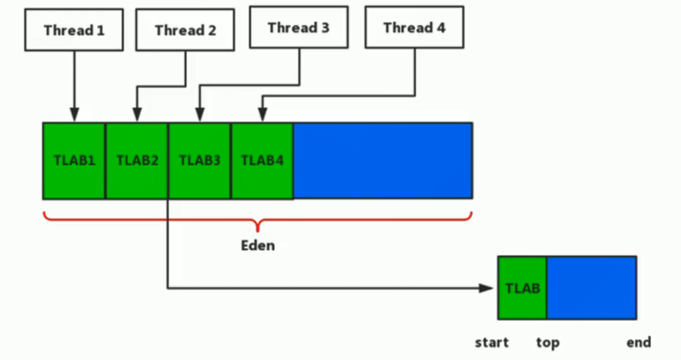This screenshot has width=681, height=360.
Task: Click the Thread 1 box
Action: pos(74,30)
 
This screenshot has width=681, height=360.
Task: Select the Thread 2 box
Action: pos(185,30)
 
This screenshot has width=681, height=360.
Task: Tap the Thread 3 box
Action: pos(298,28)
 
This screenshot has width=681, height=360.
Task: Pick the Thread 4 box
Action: pos(414,28)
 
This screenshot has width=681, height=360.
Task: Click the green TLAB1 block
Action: pos(74,160)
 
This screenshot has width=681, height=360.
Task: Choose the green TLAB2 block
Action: pos(136,160)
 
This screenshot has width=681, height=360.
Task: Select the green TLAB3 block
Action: pos(199,160)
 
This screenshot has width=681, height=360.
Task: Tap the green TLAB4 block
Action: pos(262,160)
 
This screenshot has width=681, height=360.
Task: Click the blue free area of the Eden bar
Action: pos(382,160)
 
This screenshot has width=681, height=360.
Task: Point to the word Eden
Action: pos(258,246)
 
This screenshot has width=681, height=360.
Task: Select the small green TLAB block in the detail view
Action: pos(522,288)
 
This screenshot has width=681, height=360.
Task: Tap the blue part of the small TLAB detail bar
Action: pos(591,288)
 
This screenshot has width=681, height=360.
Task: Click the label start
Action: pos(491,343)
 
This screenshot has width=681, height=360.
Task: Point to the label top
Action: pos(548,343)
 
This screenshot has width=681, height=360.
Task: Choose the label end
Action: pos(638,343)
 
